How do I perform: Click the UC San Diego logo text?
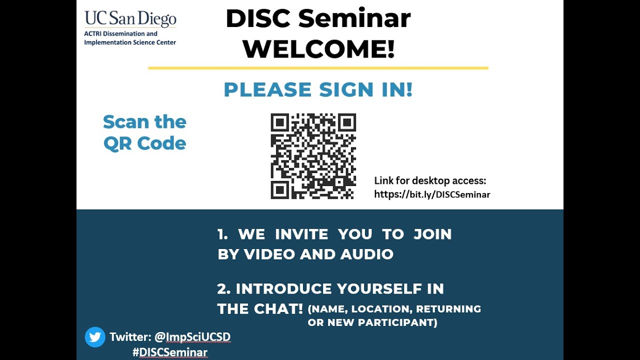click(130, 18)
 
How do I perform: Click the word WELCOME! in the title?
click(318, 49)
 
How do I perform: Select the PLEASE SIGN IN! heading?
click(318, 89)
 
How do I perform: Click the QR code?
click(313, 156)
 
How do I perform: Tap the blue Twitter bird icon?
click(95, 337)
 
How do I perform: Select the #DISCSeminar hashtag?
click(169, 352)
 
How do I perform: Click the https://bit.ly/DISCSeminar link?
click(432, 194)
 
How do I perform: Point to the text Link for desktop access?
click(430, 180)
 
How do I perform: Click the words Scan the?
click(144, 121)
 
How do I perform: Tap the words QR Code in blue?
click(144, 143)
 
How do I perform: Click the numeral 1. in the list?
click(222, 234)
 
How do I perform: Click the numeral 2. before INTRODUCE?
click(223, 288)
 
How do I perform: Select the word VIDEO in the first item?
click(269, 254)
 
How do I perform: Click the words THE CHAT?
click(260, 309)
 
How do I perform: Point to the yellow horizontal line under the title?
click(318, 67)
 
